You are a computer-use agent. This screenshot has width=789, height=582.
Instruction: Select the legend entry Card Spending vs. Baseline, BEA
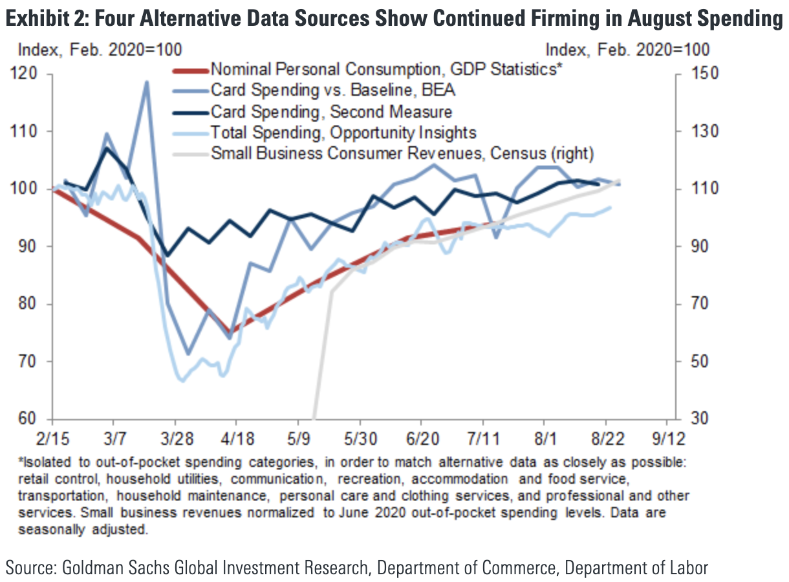coord(334,91)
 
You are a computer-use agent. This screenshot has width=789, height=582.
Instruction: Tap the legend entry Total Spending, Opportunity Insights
coord(343,133)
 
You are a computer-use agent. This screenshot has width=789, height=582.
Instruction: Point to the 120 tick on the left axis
coord(32,74)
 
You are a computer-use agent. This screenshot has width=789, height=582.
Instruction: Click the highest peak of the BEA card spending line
coord(146,82)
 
